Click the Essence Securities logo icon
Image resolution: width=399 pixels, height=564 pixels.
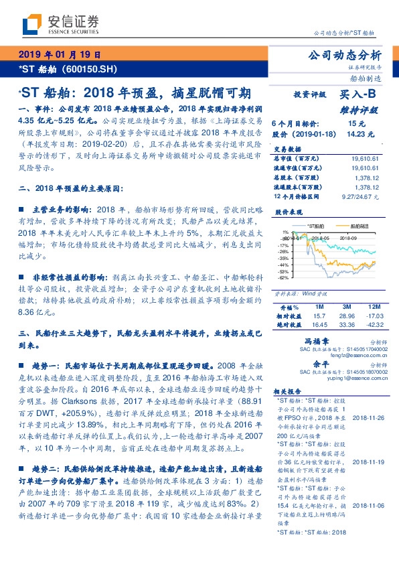coord(31,25)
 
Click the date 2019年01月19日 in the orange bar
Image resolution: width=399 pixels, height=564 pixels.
coord(59,55)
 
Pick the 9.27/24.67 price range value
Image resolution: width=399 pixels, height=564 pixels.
coord(360,198)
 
